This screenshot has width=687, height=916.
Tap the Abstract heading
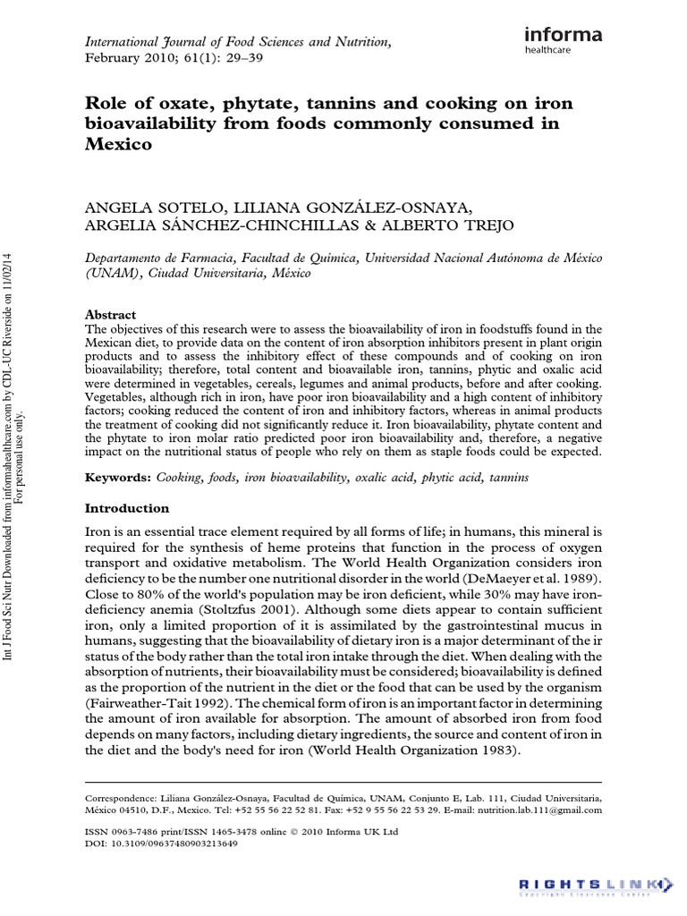click(110, 315)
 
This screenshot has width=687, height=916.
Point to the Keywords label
click(118, 479)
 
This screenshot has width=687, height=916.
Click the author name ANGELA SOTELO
click(148, 207)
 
